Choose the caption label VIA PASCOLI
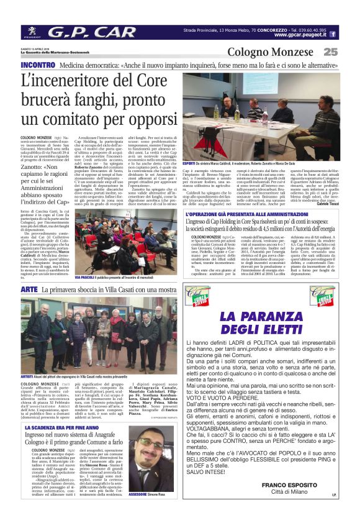(x=84, y=277)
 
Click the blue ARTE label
(x=29, y=289)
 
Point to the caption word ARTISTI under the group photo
(x=29, y=376)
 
